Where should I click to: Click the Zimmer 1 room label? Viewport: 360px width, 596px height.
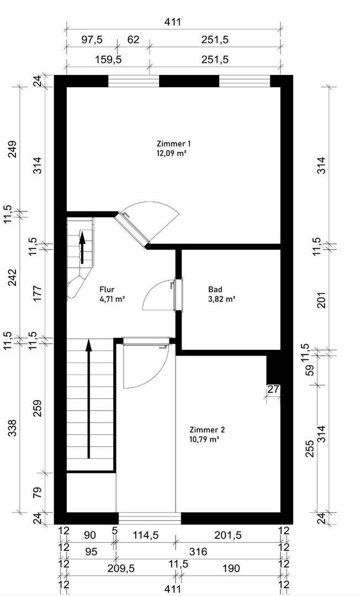coord(174,144)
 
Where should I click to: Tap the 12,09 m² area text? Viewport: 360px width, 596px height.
coord(171,154)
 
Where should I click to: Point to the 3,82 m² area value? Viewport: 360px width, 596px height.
coord(222,299)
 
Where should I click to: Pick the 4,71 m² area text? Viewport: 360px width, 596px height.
coord(112,299)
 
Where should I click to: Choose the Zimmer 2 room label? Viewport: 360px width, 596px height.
coord(207,430)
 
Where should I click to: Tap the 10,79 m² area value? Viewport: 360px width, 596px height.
coord(204,440)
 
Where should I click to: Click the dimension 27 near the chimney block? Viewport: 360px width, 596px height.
coord(273,390)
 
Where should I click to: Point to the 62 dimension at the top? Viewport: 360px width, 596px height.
coord(133,40)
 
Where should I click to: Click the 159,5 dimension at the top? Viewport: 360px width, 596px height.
coord(108,58)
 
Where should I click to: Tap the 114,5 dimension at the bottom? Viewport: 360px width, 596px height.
coord(144,535)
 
